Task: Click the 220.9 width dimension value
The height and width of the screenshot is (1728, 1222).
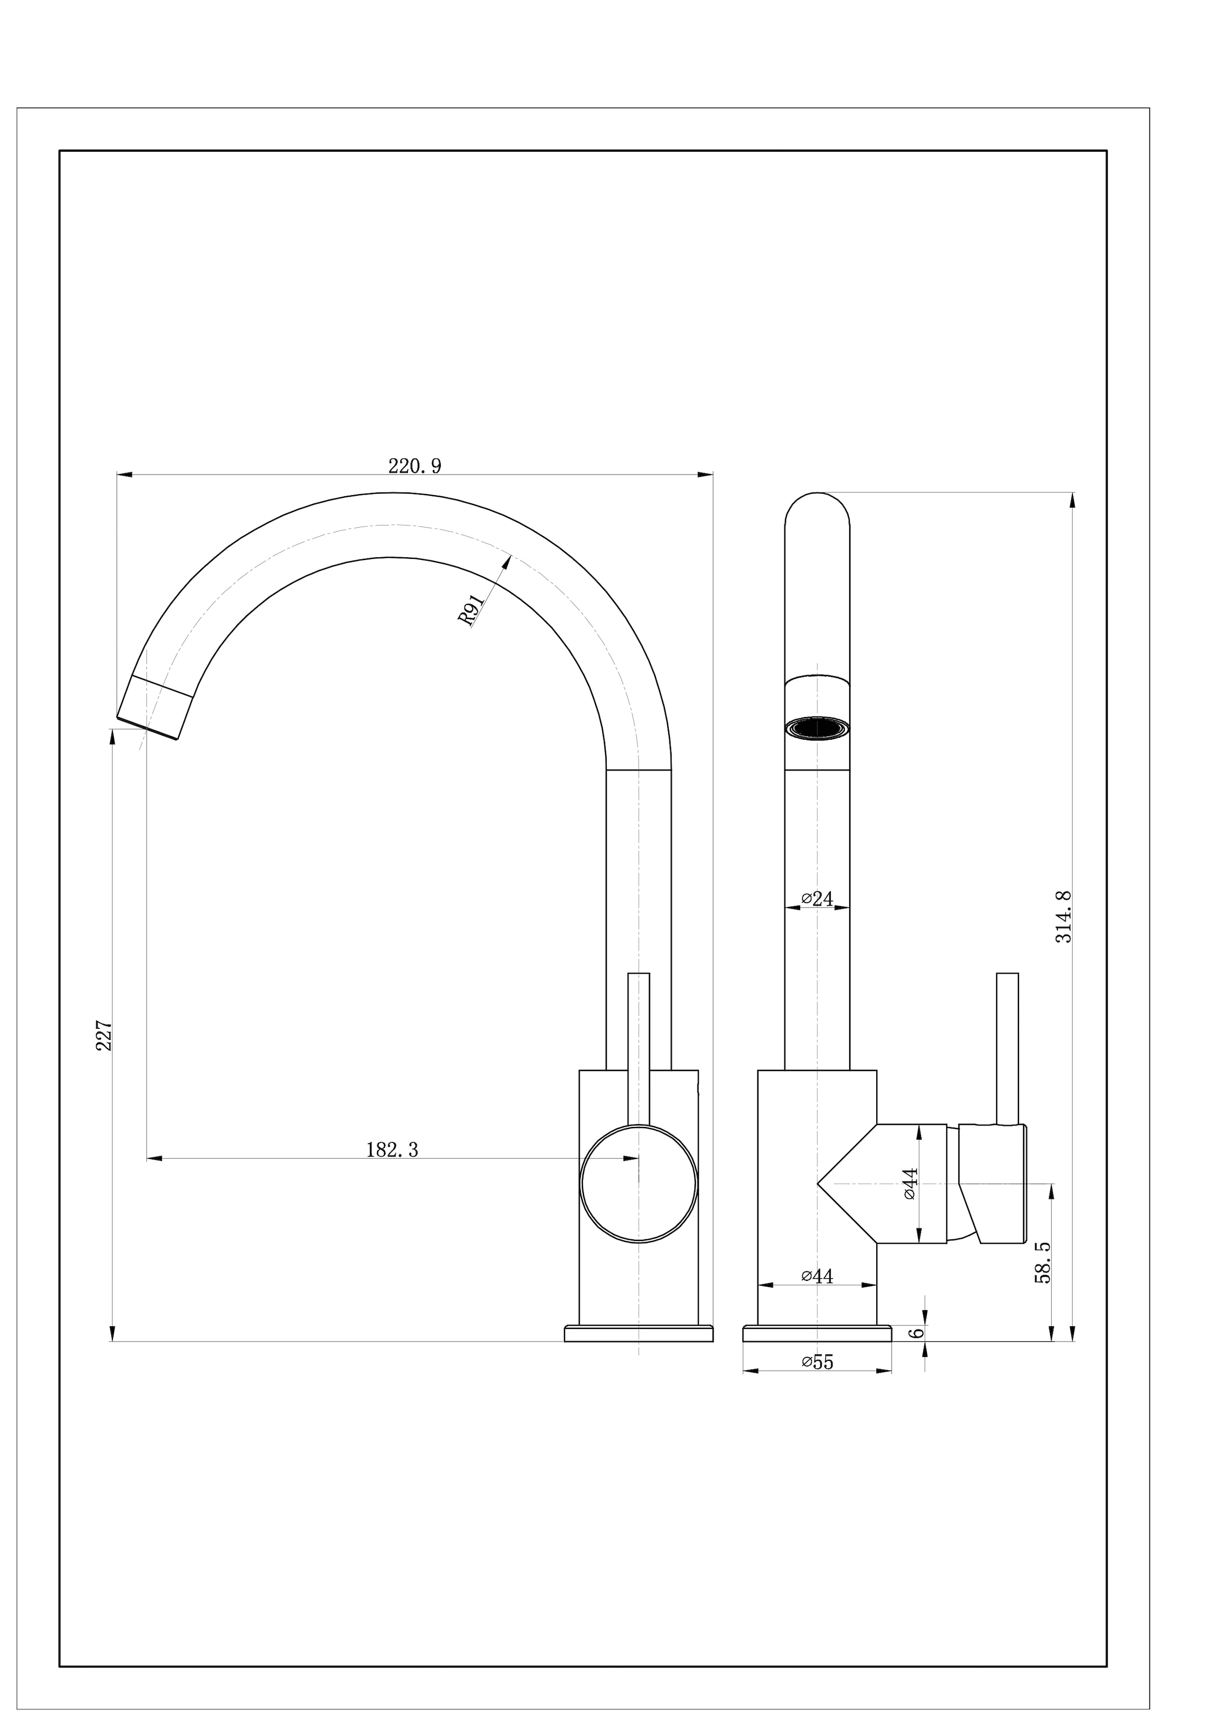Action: pos(415,467)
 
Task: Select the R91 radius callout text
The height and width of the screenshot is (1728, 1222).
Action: pos(471,610)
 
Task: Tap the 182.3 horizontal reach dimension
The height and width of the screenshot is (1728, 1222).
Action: pos(392,1150)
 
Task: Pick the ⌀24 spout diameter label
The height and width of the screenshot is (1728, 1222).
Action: pos(818,899)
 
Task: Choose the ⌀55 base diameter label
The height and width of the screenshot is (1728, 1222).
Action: pos(818,1362)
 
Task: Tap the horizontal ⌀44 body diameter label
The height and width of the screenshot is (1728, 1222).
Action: pos(818,1275)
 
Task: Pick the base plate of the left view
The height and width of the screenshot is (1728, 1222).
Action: pos(639,1334)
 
